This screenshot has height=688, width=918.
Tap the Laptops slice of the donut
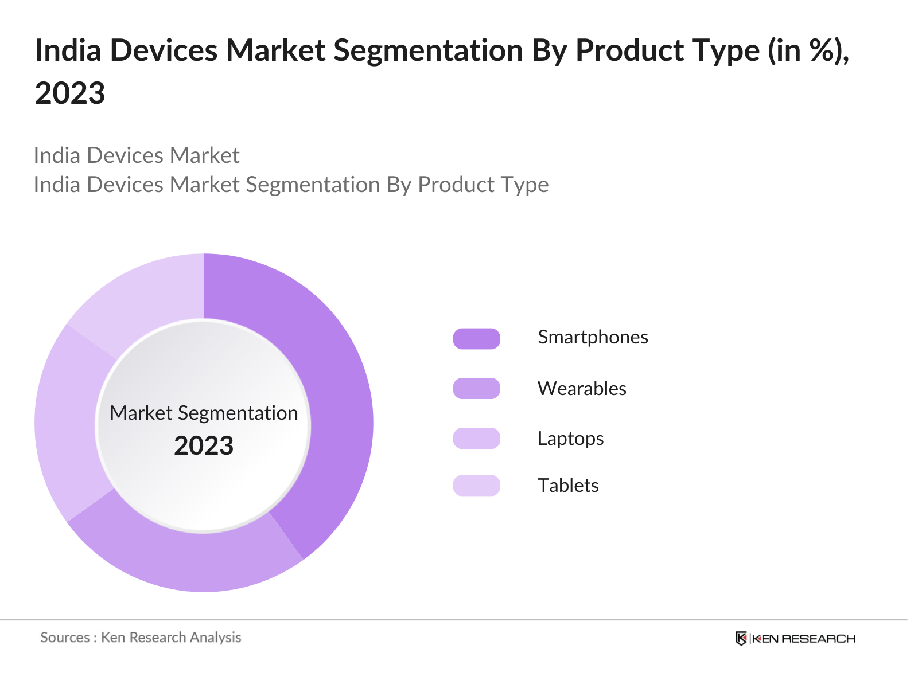coord(66,424)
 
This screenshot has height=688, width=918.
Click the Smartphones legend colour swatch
coord(476,339)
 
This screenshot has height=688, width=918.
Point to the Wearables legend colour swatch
coord(476,389)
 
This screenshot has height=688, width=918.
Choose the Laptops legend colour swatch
coord(476,439)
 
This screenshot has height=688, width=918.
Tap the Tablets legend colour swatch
coord(476,486)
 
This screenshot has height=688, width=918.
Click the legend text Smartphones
coord(593,337)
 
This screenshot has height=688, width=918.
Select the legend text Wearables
coord(582,389)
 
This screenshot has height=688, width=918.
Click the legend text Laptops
coord(570,439)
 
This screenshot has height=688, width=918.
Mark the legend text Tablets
coord(568,486)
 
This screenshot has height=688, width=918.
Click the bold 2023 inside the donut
coord(204,446)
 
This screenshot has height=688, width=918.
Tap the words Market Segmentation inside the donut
coord(204,413)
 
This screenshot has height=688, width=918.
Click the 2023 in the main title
coord(70,93)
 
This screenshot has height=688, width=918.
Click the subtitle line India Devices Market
coord(137,155)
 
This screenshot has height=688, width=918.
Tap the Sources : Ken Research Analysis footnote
coord(141,638)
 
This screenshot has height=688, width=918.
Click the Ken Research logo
coord(795,638)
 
